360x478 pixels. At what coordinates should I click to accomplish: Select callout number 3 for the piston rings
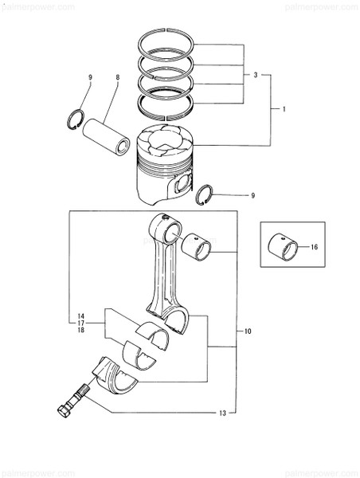tap(256, 75)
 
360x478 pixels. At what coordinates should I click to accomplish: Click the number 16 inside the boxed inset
tap(314, 248)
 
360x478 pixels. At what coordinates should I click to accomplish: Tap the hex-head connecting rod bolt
tap(72, 402)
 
